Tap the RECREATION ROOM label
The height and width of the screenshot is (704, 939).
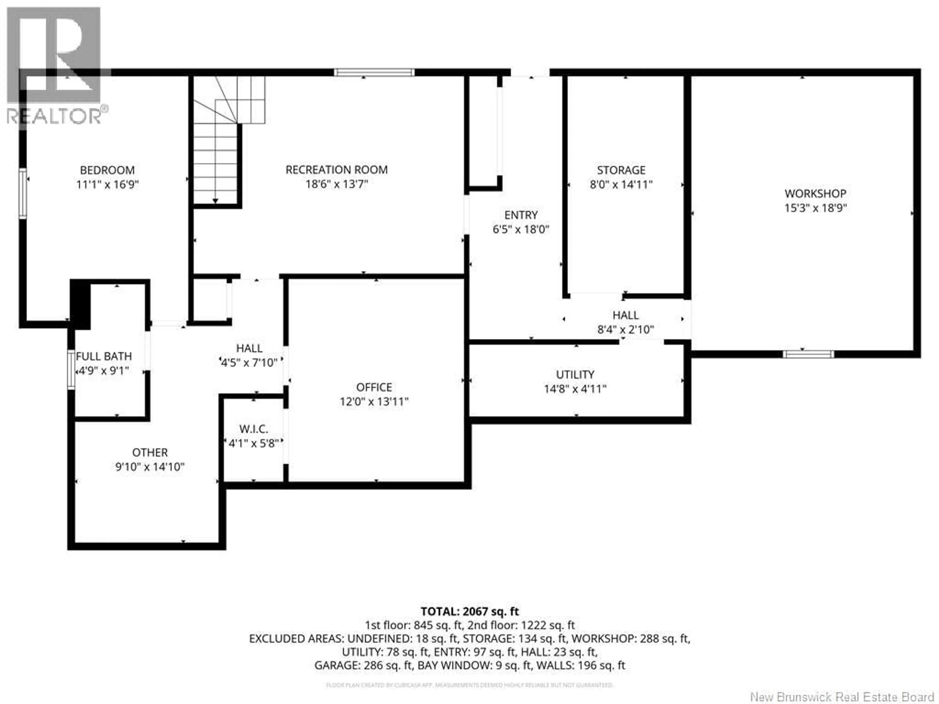[x=336, y=170]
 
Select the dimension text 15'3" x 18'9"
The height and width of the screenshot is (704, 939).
[x=815, y=208]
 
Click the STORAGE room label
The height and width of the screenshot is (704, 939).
[x=621, y=170]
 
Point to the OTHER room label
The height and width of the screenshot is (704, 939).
[x=150, y=452]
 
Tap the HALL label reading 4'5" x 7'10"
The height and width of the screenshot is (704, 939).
[x=249, y=348]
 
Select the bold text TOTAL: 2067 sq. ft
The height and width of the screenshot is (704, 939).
[x=469, y=612]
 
